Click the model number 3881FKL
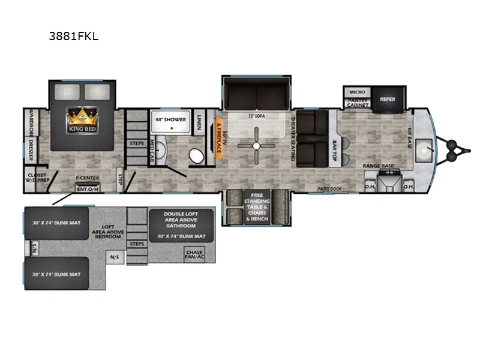click(74, 36)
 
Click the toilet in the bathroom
click(196, 156)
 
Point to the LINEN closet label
click(200, 123)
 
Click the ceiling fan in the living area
click(256, 146)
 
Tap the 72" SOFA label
click(256, 114)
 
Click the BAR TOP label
click(335, 149)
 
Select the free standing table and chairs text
click(256, 208)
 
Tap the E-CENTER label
click(87, 178)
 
